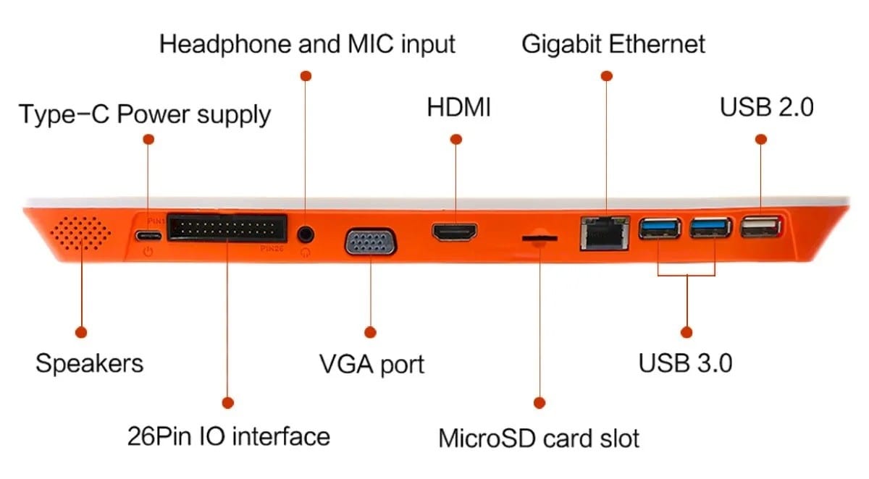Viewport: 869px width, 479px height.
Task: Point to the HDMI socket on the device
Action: (456, 233)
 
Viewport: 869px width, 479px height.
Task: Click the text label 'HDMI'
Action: (458, 109)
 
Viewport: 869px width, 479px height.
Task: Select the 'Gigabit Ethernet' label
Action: (613, 44)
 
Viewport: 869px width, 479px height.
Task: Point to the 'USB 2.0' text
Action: (766, 108)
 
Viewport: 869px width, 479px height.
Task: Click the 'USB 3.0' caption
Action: (685, 363)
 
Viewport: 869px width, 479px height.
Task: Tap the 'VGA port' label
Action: (371, 363)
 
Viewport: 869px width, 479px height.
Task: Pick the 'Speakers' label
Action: (89, 363)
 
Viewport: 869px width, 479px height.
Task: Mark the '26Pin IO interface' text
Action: (228, 436)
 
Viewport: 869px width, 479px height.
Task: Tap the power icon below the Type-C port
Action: (148, 252)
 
